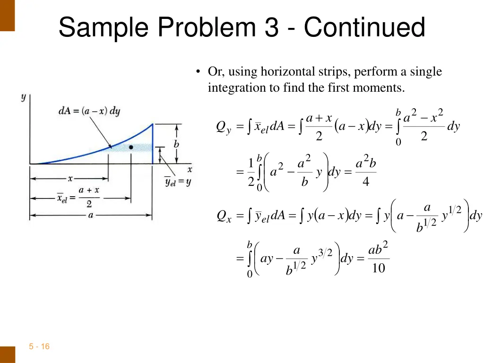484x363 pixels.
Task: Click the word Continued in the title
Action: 364,27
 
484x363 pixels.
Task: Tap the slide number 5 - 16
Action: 39,346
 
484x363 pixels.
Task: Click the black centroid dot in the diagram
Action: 131,147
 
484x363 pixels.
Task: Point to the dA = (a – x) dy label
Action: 89,111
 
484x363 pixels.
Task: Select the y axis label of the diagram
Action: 23,97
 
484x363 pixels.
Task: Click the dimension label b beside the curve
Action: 176,144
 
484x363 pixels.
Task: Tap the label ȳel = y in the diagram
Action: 178,182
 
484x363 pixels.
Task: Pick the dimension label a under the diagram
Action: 91,215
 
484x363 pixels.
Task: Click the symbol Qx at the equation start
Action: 224,216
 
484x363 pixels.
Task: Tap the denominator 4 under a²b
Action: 366,181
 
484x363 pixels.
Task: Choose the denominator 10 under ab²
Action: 379,268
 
